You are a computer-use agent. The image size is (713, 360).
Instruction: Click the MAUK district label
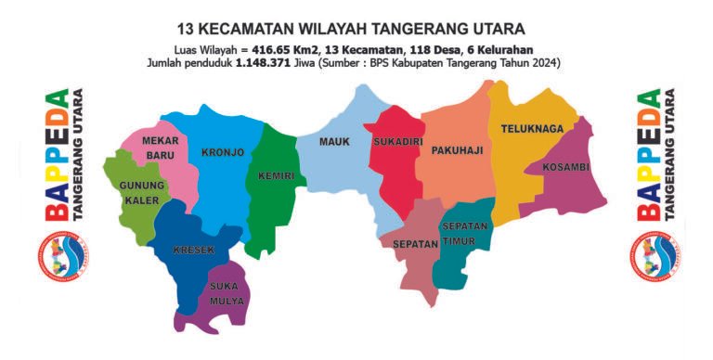tap(333, 142)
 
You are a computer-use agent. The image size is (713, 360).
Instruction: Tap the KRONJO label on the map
tap(223, 152)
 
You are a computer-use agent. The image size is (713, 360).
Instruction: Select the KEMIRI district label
tap(277, 176)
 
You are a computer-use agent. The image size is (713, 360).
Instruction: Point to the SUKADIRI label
tap(397, 143)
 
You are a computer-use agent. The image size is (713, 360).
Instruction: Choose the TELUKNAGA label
tap(532, 129)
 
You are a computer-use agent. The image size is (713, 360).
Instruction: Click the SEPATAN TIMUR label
tap(465, 233)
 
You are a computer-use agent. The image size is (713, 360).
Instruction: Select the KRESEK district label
tap(193, 251)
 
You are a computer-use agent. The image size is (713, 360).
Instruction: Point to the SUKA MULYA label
tap(227, 293)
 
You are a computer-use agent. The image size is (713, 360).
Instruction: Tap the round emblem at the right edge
tap(655, 255)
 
